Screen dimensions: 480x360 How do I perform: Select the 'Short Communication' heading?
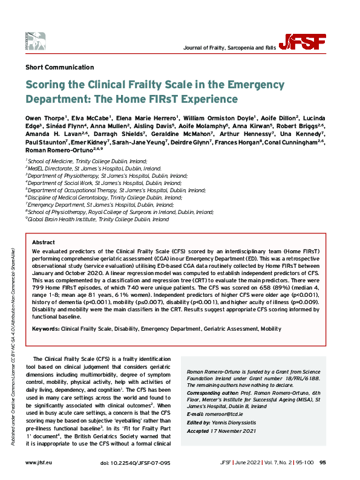click(x=60, y=66)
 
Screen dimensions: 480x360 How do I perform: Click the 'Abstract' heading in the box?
click(x=43, y=241)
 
